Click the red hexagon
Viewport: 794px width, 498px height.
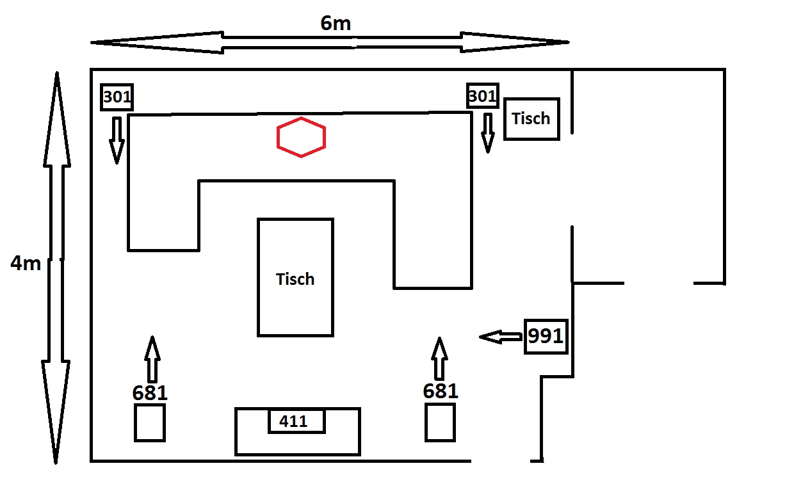301,137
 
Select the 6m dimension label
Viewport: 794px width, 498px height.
336,23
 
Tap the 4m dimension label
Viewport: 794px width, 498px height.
26,263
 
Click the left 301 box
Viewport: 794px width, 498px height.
117,97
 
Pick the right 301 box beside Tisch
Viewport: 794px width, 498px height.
482,96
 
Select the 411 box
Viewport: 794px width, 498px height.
296,421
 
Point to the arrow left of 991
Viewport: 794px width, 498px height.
501,337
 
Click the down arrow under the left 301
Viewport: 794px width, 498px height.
117,140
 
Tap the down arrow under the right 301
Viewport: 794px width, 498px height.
488,133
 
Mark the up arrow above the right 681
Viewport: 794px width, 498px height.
439,358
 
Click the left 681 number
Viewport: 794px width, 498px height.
150,393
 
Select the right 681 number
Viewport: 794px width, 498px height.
441,390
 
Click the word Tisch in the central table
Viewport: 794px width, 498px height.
295,279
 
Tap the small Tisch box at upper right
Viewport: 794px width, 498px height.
531,118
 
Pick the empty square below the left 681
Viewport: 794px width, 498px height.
150,422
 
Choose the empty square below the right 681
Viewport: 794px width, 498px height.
441,422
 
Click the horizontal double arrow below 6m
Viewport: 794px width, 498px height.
330,42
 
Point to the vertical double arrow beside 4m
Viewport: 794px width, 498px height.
56,267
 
